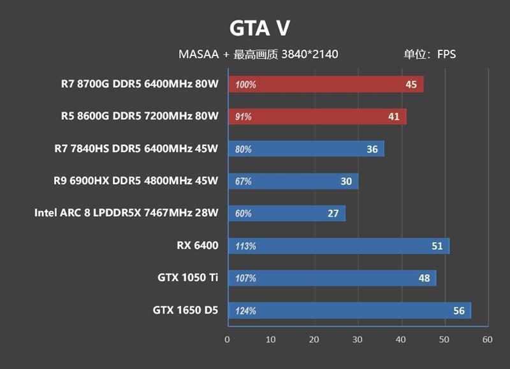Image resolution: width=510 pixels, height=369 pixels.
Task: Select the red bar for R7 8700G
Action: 325,84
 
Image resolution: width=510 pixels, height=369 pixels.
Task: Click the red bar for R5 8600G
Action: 317,117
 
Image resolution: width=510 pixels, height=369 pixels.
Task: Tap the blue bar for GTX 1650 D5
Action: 349,310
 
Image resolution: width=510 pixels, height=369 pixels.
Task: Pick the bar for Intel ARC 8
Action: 286,213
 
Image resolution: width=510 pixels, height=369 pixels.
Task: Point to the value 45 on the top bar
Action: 411,84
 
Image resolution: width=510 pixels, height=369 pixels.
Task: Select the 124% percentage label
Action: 245,311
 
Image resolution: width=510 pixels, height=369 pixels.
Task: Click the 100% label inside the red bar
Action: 245,85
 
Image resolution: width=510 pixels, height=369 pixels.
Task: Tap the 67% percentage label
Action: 244,182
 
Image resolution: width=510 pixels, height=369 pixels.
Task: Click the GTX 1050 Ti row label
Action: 188,278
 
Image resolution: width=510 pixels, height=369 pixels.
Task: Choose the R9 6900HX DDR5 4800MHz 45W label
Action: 136,181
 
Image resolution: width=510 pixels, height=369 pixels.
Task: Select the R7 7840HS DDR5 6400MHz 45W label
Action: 136,149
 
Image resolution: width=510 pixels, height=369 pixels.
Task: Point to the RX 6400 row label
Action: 198,245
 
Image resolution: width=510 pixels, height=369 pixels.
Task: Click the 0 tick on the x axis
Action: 228,339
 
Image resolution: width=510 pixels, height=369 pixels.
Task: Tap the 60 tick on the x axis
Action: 488,339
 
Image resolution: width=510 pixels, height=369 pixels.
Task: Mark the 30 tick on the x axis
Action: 358,339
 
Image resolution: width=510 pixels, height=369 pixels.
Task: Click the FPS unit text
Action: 446,55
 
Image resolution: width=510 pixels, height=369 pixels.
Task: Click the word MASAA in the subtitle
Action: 199,55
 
